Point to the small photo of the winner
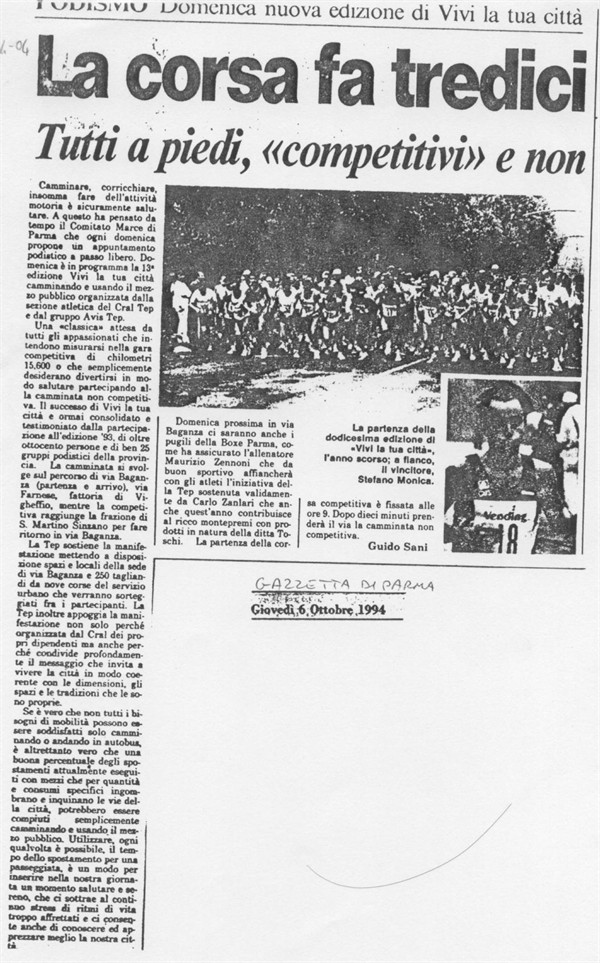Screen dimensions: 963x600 (511, 464)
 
